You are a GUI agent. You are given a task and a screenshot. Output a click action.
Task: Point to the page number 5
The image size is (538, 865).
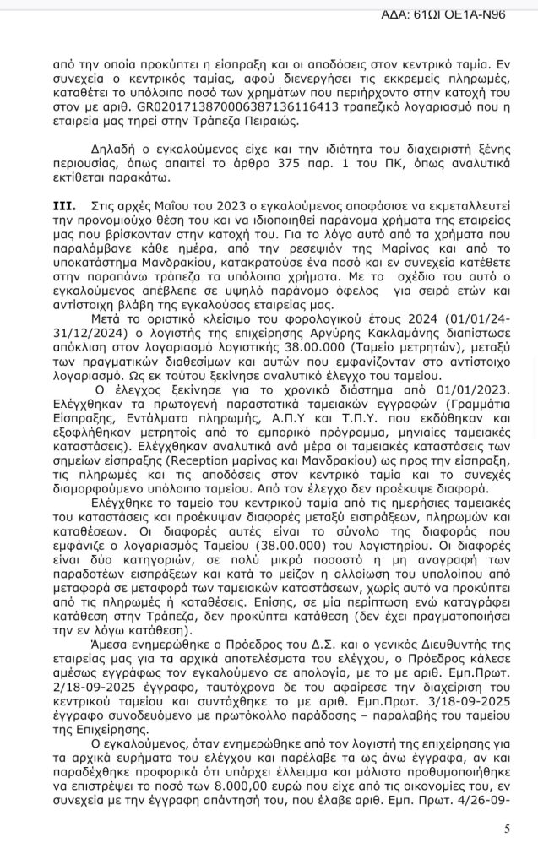507,829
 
